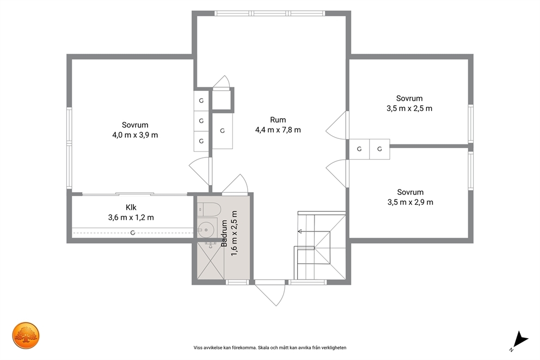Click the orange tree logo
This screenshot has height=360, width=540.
26,335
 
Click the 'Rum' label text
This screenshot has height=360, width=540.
278,120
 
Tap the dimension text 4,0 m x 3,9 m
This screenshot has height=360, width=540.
135,135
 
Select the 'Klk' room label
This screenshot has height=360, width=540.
131,208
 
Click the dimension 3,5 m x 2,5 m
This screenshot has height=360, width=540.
409,108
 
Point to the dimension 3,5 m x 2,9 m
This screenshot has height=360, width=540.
410,202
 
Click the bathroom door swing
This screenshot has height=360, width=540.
235,184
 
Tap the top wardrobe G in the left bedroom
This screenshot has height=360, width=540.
201,101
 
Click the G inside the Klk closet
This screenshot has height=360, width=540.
133,233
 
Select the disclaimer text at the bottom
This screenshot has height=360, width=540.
270,348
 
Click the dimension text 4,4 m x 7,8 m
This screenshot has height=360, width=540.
278,130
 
